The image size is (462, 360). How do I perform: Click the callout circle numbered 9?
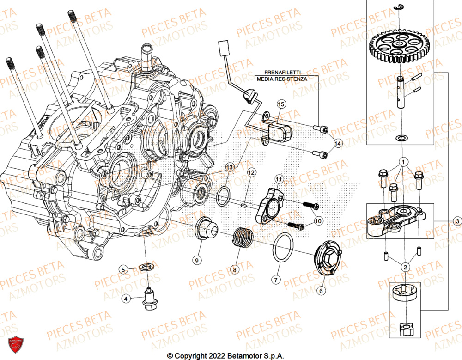click(x=197, y=261)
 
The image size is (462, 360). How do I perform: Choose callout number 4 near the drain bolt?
click(x=125, y=299)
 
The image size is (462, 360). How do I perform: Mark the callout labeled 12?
click(x=250, y=172)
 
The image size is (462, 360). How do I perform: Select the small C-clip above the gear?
click(x=398, y=6)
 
